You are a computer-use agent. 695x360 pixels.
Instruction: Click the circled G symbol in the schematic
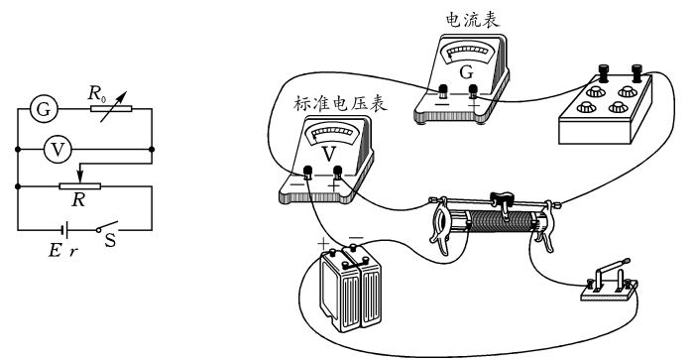tap(42, 110)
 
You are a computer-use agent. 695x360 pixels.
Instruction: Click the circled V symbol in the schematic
tap(58, 150)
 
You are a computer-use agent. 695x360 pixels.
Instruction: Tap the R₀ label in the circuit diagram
tap(97, 95)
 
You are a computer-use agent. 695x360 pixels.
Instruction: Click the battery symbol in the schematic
tap(65, 228)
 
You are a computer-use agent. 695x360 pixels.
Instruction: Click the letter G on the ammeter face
tap(464, 71)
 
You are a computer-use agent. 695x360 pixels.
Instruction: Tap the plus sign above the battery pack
tap(321, 241)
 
